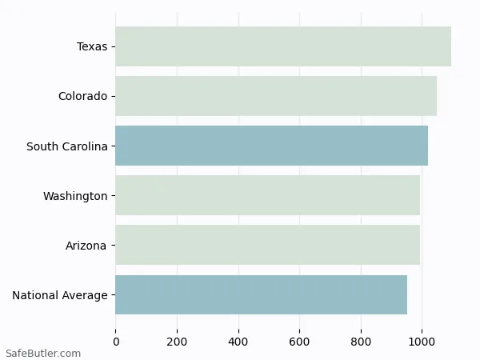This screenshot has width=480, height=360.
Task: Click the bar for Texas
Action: click(x=283, y=46)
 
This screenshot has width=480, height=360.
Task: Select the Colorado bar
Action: click(x=276, y=96)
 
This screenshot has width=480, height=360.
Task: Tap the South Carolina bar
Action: click(x=271, y=146)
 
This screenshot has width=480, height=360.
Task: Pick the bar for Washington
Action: click(x=267, y=195)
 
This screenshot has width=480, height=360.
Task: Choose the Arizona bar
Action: click(x=267, y=245)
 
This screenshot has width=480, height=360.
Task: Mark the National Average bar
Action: click(x=261, y=294)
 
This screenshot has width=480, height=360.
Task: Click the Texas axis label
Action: click(x=92, y=46)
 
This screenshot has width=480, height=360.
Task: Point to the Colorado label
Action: click(x=82, y=97)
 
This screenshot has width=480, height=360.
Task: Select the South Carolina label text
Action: click(x=66, y=146)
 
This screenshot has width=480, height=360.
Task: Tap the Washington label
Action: click(x=75, y=196)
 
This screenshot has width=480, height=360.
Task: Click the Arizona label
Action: click(x=86, y=246)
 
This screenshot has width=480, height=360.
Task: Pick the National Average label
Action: click(x=60, y=296)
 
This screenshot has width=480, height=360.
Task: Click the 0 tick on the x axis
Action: click(x=116, y=342)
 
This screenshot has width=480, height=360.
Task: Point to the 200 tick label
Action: click(x=177, y=342)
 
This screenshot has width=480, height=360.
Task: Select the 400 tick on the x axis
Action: click(x=238, y=342)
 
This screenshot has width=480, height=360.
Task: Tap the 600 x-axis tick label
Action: click(x=300, y=342)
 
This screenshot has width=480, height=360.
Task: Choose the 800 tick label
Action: click(x=361, y=342)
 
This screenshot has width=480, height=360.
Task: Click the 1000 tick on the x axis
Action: click(x=422, y=342)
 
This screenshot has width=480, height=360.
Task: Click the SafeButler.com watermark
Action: click(x=42, y=353)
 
